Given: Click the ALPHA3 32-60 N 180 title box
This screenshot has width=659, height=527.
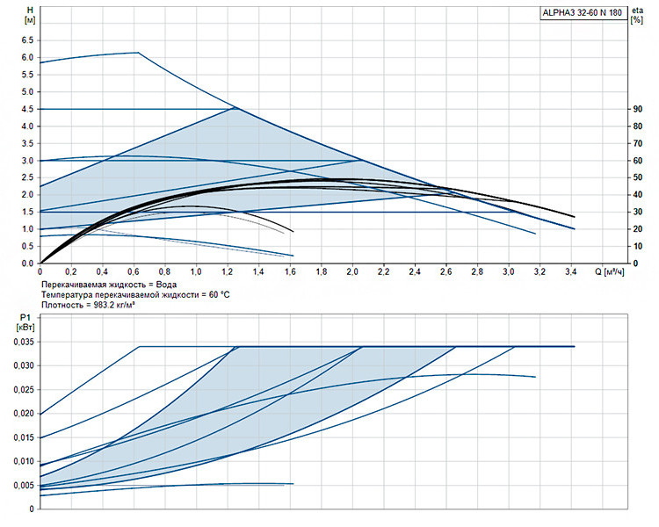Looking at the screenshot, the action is coord(583,12).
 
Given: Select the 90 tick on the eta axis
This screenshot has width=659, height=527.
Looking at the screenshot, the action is coord(638,109).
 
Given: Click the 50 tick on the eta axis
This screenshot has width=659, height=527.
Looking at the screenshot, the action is coord(638,177).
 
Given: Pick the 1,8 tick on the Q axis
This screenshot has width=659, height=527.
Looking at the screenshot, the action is coord(322,272).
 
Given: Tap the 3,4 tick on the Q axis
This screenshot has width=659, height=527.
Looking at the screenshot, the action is coord(571,272).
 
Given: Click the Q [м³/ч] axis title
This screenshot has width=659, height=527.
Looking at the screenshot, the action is coord(610,272).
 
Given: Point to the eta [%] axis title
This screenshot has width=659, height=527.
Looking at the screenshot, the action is coord(637,15).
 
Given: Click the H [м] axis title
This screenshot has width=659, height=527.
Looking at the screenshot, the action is coord(30,15).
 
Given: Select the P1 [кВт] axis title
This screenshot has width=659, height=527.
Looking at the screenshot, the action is coord(25,322).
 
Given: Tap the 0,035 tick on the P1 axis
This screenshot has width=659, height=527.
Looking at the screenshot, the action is coord(24,342).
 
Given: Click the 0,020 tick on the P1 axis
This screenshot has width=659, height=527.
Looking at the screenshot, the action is coord(24,414).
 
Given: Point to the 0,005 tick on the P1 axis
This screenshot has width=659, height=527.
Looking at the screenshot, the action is coord(24,486).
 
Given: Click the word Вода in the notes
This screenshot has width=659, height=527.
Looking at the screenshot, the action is coord(166,285).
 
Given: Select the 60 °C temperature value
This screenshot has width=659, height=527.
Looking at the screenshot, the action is coord(220,295).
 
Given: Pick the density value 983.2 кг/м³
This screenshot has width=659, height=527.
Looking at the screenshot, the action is coord(111,305).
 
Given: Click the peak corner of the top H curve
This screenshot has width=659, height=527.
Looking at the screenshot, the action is coord(138,53).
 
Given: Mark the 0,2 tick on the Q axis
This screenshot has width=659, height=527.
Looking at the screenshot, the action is coord(71,272).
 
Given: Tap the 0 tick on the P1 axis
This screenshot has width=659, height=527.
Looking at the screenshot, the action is coord(32,509).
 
